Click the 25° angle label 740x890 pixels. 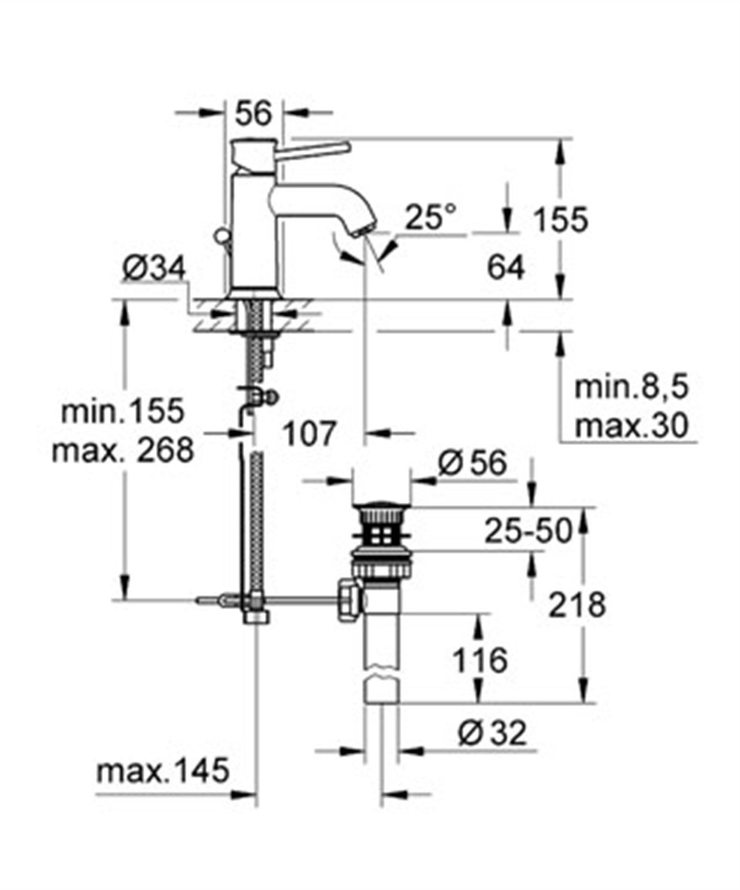click(x=431, y=218)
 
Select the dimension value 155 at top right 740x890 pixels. click(x=561, y=220)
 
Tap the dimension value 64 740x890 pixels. click(x=506, y=268)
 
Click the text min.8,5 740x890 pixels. click(x=631, y=389)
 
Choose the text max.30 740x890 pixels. click(x=631, y=426)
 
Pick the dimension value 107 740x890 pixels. click(x=310, y=434)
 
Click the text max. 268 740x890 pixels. click(x=123, y=450)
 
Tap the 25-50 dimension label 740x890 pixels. click(x=528, y=530)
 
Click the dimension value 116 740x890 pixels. click(x=480, y=661)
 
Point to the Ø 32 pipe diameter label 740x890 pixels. click(x=493, y=733)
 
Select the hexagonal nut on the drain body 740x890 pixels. click(x=347, y=600)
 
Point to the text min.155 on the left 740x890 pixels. click(x=123, y=411)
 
